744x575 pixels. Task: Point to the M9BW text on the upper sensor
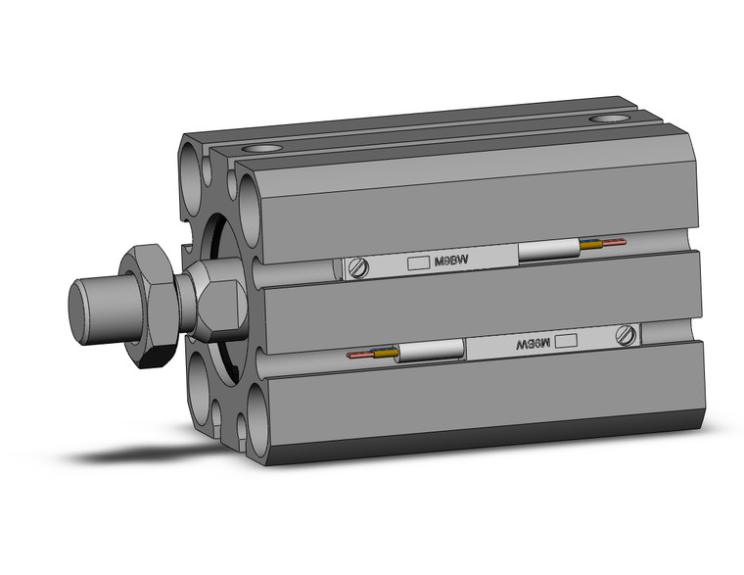point(449,261)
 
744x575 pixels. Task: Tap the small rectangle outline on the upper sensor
point(418,263)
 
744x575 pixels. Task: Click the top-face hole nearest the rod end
point(263,149)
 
